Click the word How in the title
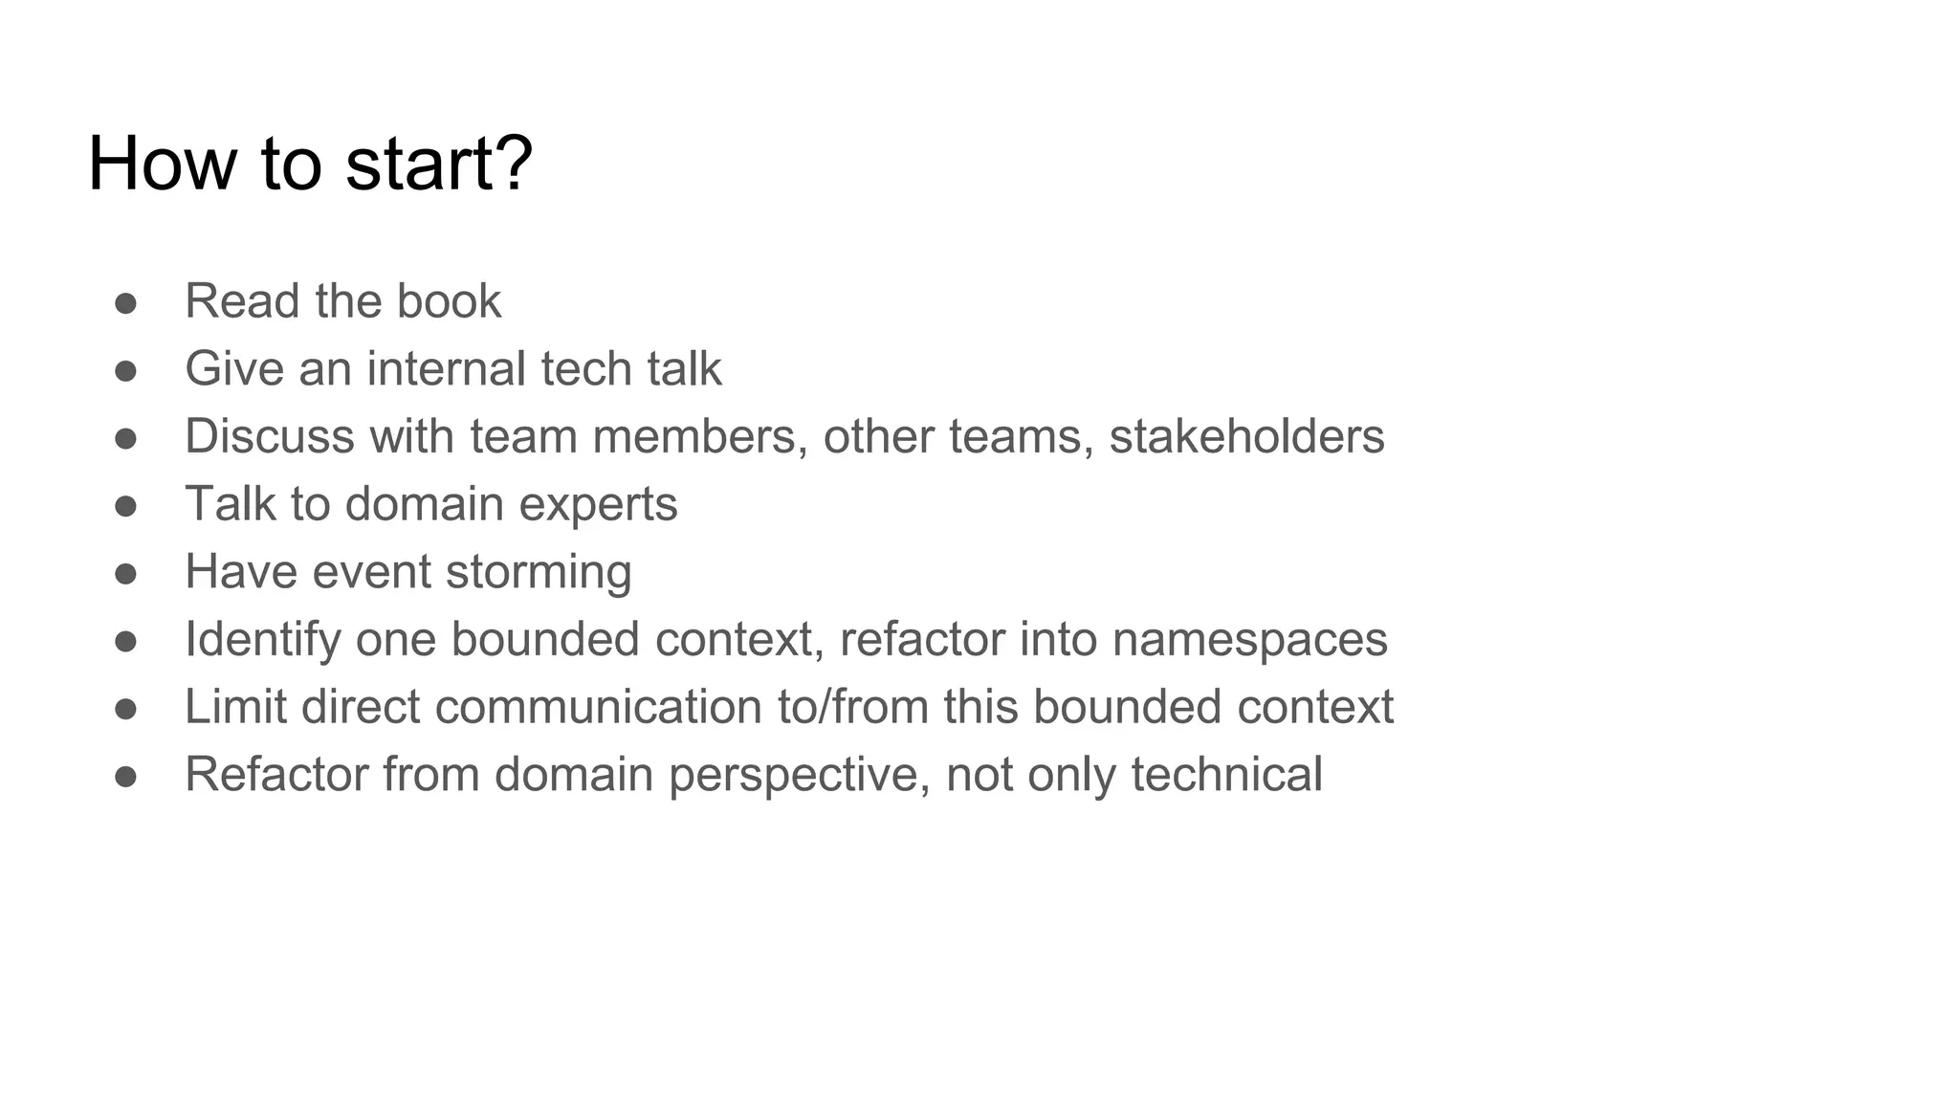(x=162, y=164)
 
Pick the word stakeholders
(x=1246, y=436)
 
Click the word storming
(x=539, y=572)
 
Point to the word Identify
(x=262, y=639)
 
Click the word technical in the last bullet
(x=1227, y=775)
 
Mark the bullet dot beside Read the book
(x=125, y=303)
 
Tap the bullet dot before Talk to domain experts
(x=125, y=506)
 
